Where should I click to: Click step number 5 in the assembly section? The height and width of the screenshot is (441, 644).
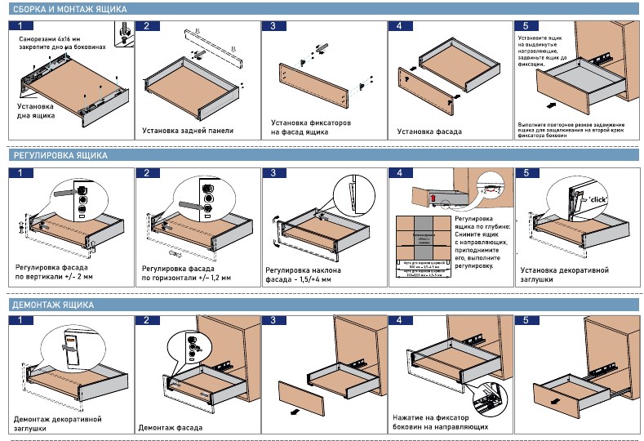coord(526,26)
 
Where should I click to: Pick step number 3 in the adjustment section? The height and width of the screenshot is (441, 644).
coord(273,173)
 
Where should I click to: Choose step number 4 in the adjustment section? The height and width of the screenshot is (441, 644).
coord(399,173)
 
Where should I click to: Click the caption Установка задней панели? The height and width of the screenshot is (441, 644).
coord(187,130)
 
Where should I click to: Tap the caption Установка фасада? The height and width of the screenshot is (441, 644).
coord(429,131)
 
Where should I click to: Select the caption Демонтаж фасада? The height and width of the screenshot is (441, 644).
coord(170,427)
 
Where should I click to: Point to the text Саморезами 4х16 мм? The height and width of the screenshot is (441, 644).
coord(51,38)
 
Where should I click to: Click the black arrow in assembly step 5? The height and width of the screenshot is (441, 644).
coord(552,105)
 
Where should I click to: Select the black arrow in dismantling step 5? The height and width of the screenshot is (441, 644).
coord(556,402)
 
